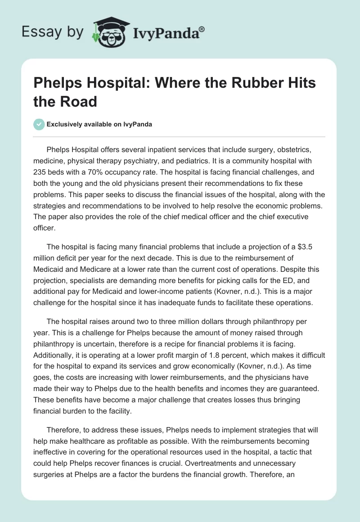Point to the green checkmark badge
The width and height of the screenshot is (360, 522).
pyautogui.click(x=39, y=124)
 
